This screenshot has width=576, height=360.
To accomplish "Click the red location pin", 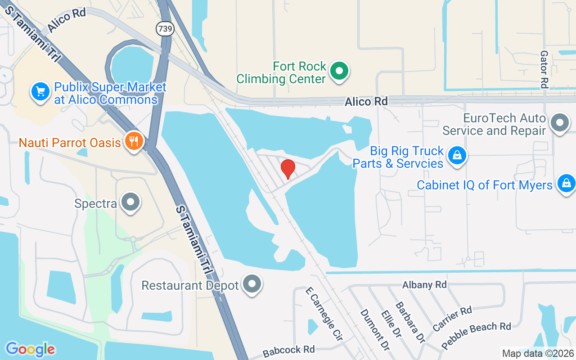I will tap(288, 169).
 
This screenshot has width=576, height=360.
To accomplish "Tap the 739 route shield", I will tap(165, 29).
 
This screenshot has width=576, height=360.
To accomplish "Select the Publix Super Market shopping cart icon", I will tap(40, 92).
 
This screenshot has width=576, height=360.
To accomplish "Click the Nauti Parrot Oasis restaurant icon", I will tap(134, 141).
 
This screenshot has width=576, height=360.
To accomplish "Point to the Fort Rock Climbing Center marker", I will tap(339, 71).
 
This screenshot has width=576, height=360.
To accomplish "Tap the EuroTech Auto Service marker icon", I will tap(560, 123).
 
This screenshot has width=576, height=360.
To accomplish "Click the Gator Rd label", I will tap(544, 69).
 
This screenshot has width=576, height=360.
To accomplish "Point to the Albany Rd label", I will tap(424, 285).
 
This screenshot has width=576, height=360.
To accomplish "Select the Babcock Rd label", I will tap(289, 350).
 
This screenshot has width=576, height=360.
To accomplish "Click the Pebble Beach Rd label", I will tap(476, 336).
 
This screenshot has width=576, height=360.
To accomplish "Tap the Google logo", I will tap(30, 349).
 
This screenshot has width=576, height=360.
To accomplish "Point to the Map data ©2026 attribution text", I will tap(538, 354).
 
